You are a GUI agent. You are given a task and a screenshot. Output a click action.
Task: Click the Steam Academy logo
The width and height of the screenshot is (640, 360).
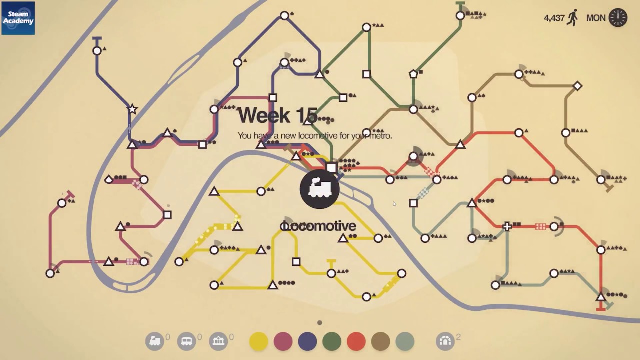(18, 18)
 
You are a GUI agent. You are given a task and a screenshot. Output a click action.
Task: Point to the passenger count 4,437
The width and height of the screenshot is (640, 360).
(554, 18)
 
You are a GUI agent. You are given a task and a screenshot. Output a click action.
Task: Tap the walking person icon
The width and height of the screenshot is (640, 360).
(573, 18)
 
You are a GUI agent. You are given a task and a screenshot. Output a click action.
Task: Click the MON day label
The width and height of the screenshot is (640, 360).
(596, 18)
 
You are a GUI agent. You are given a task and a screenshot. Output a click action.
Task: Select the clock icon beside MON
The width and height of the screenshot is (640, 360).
(618, 18)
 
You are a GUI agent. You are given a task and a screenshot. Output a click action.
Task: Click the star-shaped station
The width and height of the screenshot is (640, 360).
(132, 109)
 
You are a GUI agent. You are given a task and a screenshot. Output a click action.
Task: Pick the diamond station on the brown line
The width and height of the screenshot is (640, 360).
(577, 86)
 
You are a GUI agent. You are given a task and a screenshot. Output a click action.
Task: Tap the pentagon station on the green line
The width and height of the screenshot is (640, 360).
(413, 74)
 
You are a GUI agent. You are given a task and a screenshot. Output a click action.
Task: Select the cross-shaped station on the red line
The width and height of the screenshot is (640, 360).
(507, 227)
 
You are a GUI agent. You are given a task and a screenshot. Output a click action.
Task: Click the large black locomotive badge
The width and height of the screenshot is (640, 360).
(319, 189)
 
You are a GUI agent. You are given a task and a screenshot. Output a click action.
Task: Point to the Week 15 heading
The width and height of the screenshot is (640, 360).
(277, 116)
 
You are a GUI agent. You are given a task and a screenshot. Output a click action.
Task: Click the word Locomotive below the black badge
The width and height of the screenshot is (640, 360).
(318, 226)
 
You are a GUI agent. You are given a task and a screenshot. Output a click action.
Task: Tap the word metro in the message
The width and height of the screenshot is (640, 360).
(380, 136)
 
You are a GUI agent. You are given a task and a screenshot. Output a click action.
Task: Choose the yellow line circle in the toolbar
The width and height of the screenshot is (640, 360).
(258, 341)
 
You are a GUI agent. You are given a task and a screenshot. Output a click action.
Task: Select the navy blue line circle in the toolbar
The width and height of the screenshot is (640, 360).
(307, 341)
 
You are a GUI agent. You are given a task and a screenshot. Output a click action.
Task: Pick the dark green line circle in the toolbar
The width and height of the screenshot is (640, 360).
(332, 341)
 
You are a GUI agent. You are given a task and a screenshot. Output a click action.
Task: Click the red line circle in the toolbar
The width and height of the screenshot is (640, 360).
(356, 341)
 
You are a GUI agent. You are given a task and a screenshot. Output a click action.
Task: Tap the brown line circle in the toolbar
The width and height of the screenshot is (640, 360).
(381, 341)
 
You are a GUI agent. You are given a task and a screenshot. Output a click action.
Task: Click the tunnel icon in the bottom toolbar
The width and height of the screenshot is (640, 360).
(445, 341)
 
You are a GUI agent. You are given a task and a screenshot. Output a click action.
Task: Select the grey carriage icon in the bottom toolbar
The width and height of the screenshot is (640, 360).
(186, 341)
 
